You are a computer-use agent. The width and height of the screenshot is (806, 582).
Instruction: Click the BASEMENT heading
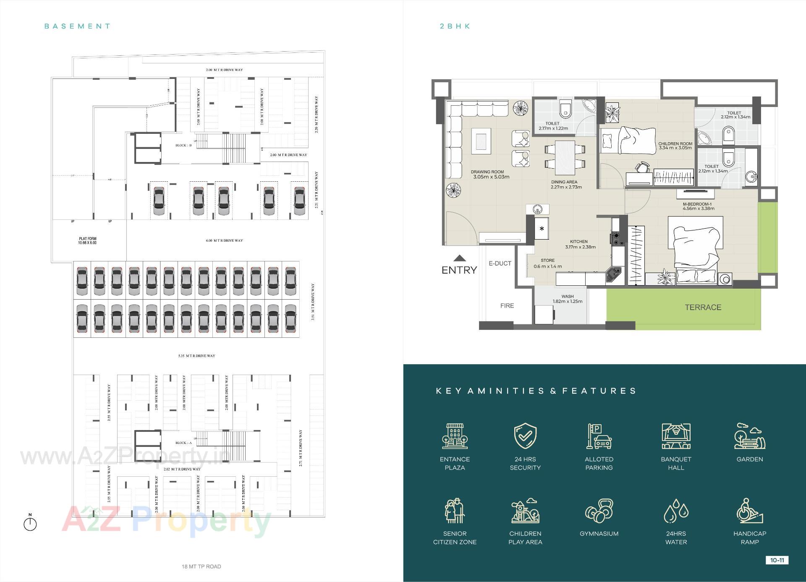(77, 26)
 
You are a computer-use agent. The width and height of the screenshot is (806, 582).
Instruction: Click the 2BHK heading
(455, 26)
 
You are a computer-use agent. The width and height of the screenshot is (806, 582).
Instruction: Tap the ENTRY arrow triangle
(460, 258)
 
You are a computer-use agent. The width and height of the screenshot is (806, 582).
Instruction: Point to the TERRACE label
(703, 307)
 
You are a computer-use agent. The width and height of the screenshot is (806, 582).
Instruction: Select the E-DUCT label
(500, 264)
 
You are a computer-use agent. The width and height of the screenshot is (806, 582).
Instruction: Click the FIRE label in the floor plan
(507, 306)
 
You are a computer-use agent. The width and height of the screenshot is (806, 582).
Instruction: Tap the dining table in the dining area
(565, 158)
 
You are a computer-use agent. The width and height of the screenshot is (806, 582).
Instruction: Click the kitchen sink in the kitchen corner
(614, 275)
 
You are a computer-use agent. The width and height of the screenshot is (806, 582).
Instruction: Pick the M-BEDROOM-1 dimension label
(698, 206)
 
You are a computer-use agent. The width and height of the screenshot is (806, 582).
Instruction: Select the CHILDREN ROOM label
(675, 144)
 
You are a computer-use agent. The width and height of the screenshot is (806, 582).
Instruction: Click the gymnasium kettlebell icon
(599, 511)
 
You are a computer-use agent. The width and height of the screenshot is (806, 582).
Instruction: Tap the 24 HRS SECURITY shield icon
(525, 436)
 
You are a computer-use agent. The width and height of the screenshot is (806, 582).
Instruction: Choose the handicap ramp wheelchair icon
(749, 511)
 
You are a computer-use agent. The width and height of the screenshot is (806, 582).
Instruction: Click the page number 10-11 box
(777, 560)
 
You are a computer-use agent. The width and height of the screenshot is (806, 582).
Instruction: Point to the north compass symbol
(30, 523)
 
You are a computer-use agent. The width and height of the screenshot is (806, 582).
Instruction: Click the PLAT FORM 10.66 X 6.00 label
(88, 240)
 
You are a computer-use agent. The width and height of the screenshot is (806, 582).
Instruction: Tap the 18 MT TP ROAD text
(201, 566)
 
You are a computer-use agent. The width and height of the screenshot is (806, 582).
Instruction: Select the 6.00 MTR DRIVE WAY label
(224, 240)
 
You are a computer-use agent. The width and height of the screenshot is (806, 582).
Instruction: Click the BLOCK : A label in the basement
(183, 443)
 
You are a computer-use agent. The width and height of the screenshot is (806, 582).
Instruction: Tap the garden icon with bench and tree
(749, 436)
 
